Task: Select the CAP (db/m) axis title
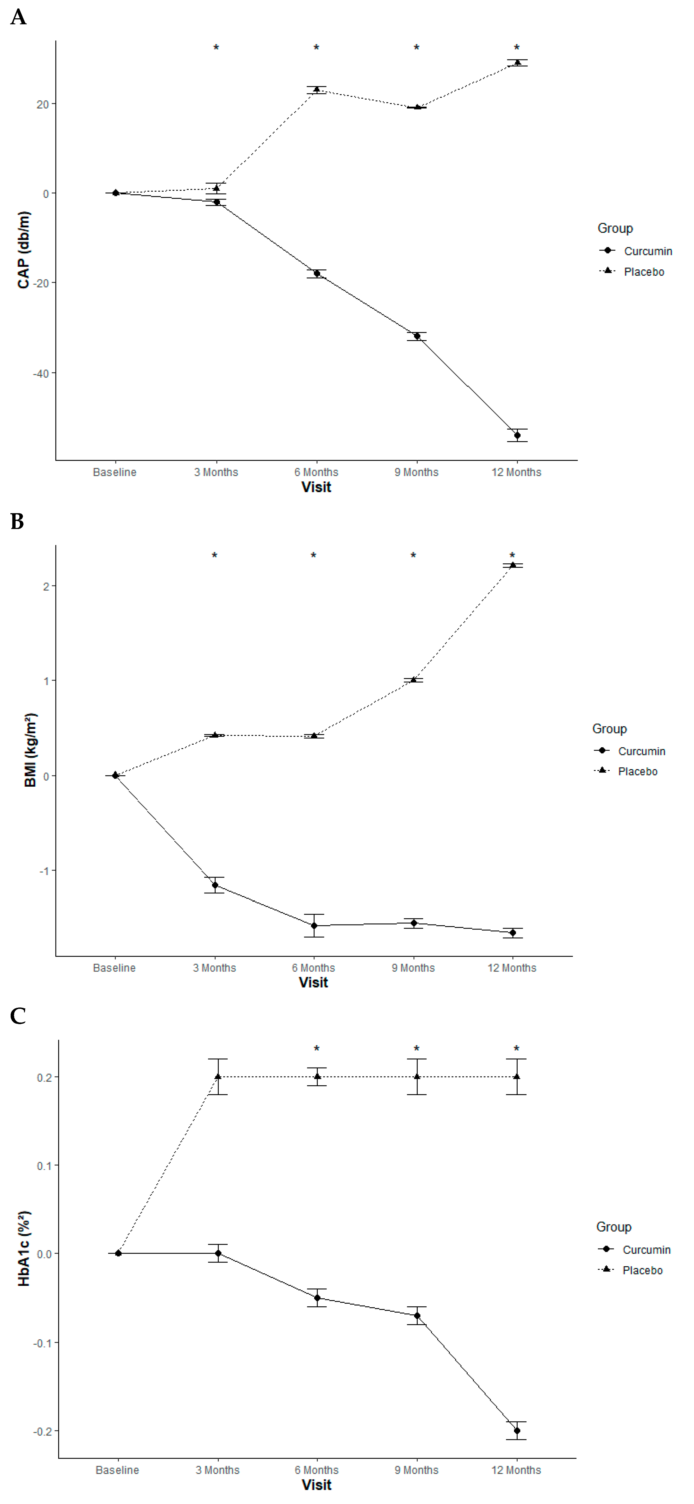pyautogui.click(x=23, y=250)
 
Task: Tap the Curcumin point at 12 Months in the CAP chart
pyautogui.click(x=517, y=435)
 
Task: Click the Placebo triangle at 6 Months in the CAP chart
pyautogui.click(x=317, y=89)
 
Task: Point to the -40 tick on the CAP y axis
pyautogui.click(x=41, y=373)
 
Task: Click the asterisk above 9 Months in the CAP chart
pyautogui.click(x=417, y=48)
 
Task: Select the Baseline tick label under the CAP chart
pyautogui.click(x=114, y=472)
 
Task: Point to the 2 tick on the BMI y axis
pyautogui.click(x=46, y=585)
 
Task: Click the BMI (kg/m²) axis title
pyautogui.click(x=30, y=750)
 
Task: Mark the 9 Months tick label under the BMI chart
pyautogui.click(x=413, y=967)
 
